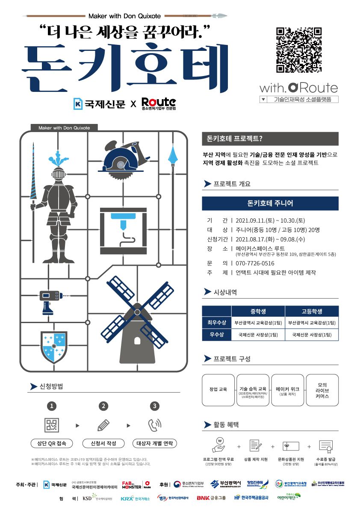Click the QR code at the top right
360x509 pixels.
coord(298,50)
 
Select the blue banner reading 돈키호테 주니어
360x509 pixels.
coord(270,203)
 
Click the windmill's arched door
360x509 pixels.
coord(137,340)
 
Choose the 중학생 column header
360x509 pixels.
coord(258,311)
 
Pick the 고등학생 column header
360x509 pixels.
coord(312,311)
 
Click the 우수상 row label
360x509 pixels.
coord(216,335)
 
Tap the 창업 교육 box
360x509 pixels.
coord(218,390)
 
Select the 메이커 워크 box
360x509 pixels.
coord(287,390)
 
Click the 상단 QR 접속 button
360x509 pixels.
coord(52,443)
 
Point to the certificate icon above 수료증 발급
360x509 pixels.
coord(326,446)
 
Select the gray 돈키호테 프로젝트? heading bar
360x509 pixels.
coord(270,139)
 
